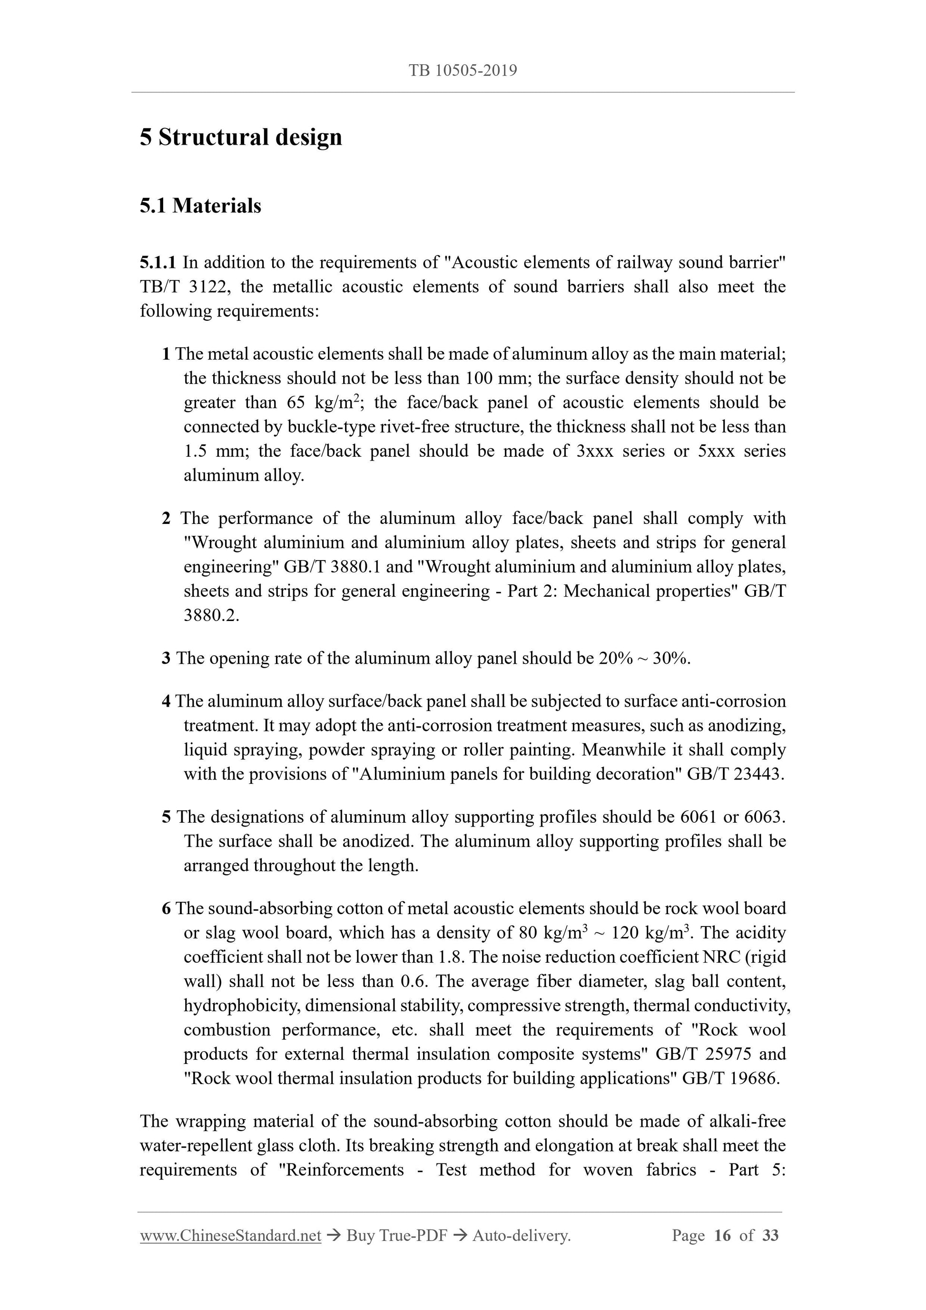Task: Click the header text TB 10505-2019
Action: pos(463,71)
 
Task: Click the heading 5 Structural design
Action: pos(241,138)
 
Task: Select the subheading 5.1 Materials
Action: pos(200,206)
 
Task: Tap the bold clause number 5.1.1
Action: pos(158,263)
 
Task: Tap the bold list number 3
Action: pos(166,659)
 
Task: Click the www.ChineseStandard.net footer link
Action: pos(230,1235)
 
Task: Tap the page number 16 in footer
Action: pos(722,1235)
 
